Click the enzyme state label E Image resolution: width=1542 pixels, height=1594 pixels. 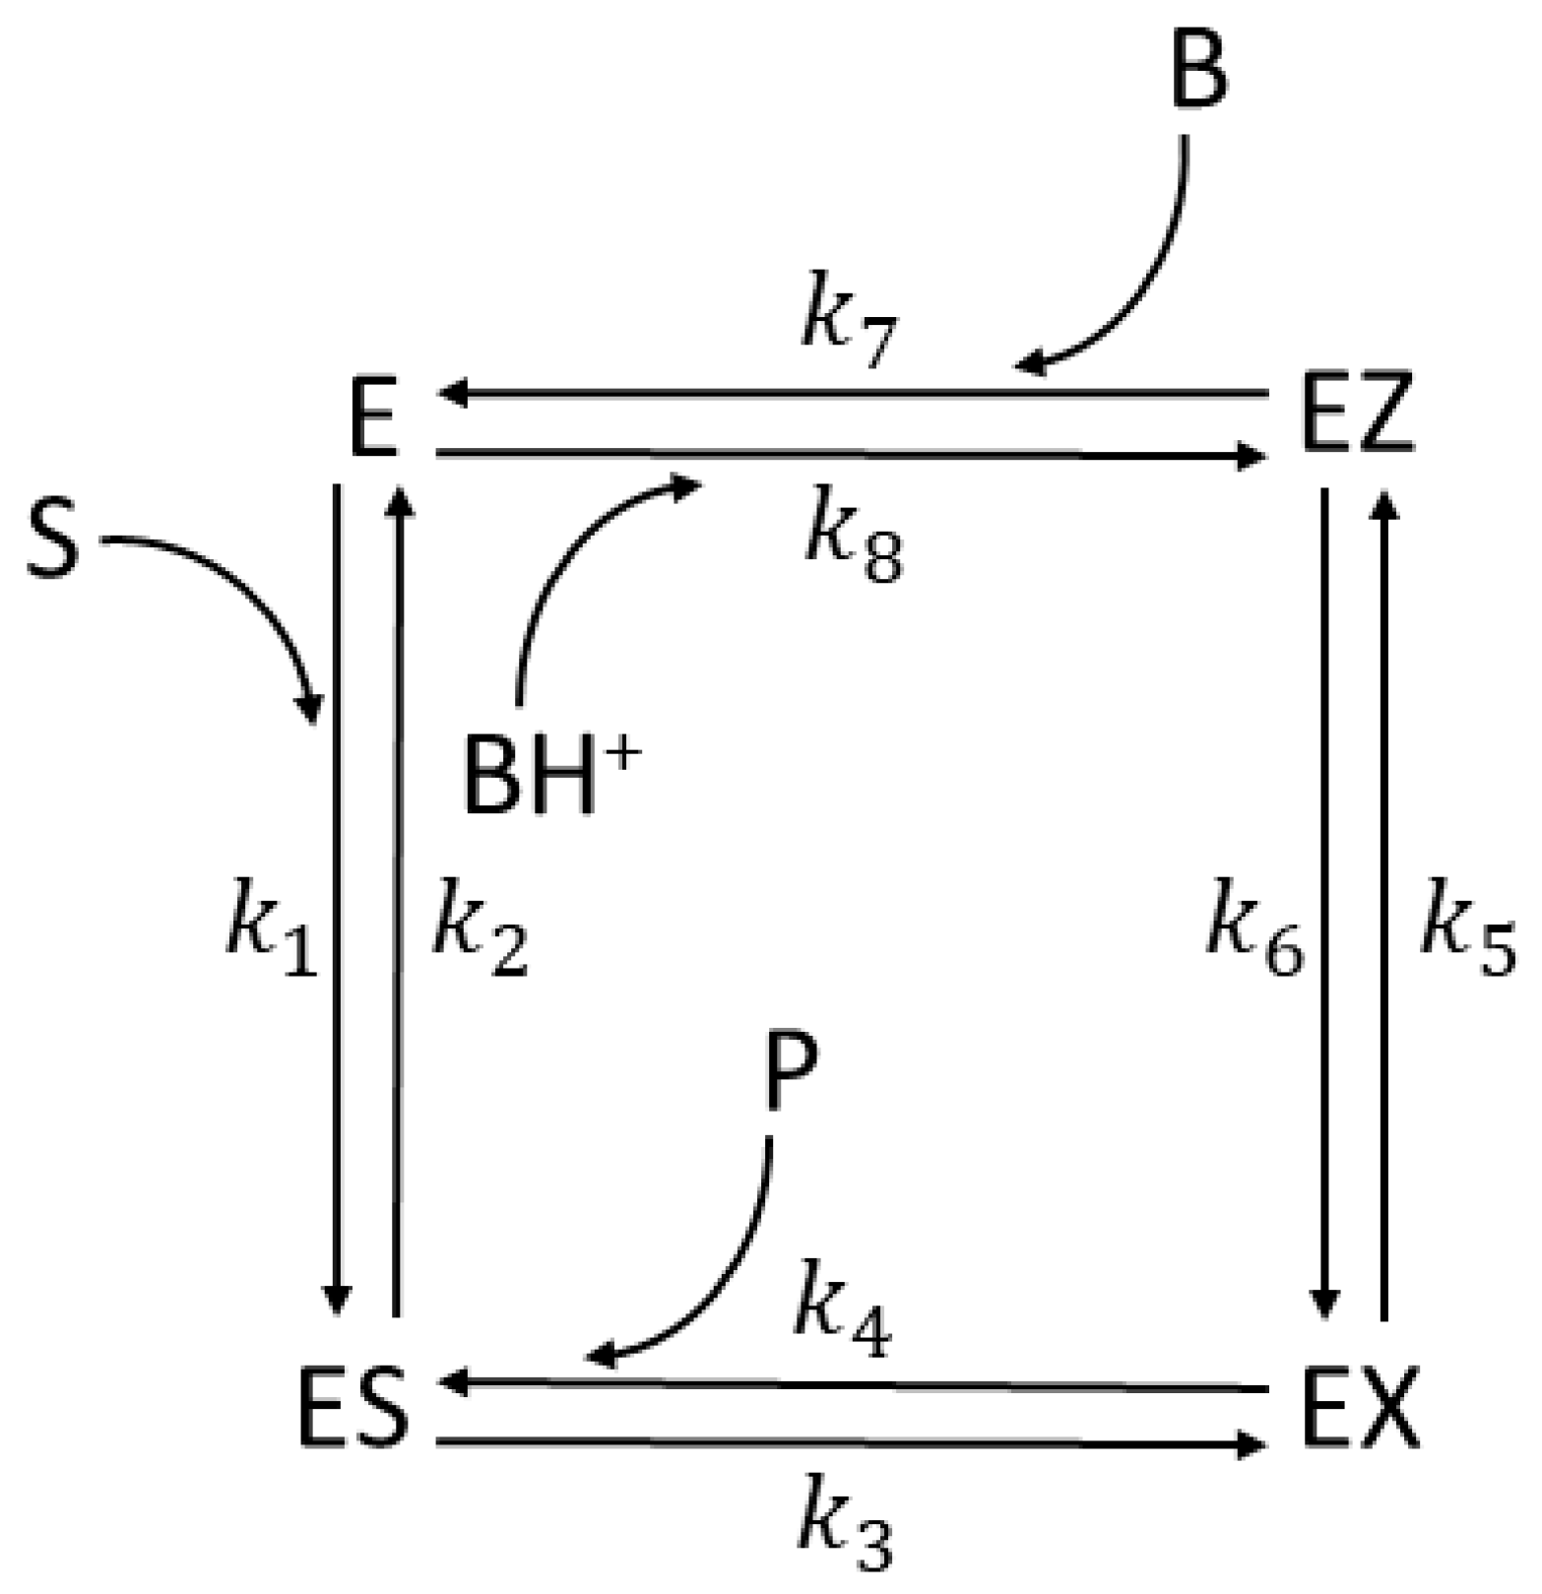374,418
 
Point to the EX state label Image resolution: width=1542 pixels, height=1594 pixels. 1360,1409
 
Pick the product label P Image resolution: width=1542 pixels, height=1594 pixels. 791,1074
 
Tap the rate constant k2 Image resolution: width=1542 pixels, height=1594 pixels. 481,930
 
